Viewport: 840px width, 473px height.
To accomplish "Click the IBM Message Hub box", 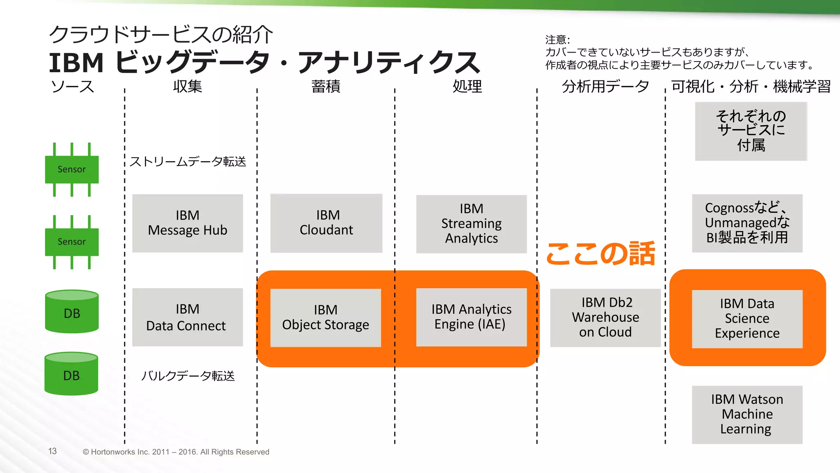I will (x=187, y=223).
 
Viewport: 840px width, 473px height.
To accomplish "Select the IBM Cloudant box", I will (x=326, y=223).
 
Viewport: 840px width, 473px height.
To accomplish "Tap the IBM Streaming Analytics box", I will (x=471, y=224).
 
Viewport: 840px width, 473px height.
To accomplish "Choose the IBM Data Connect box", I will (x=187, y=317).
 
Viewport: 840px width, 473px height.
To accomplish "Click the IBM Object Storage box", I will (x=326, y=317).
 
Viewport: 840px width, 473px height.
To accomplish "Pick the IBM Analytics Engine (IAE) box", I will (x=471, y=317).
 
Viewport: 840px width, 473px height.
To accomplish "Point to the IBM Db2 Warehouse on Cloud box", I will (x=605, y=317).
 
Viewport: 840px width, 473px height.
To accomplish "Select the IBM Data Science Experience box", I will (x=747, y=319).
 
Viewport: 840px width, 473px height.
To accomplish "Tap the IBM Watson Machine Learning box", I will (x=747, y=414).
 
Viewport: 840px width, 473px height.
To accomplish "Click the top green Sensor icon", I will (x=72, y=169).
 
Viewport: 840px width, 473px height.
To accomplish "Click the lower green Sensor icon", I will (x=72, y=242).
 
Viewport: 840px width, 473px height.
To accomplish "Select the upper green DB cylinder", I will (x=72, y=312).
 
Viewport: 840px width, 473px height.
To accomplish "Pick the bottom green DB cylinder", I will (x=71, y=374).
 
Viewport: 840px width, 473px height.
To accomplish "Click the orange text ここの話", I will (x=600, y=254).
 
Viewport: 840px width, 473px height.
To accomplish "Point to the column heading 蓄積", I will (x=326, y=87).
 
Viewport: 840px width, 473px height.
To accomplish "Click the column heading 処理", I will (x=467, y=87).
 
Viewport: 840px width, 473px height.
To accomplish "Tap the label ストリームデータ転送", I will (x=188, y=162).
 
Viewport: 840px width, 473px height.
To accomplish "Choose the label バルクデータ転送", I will (x=188, y=376).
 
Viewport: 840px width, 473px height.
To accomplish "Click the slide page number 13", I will (x=52, y=451).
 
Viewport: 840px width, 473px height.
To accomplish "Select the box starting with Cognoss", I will (x=747, y=223).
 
